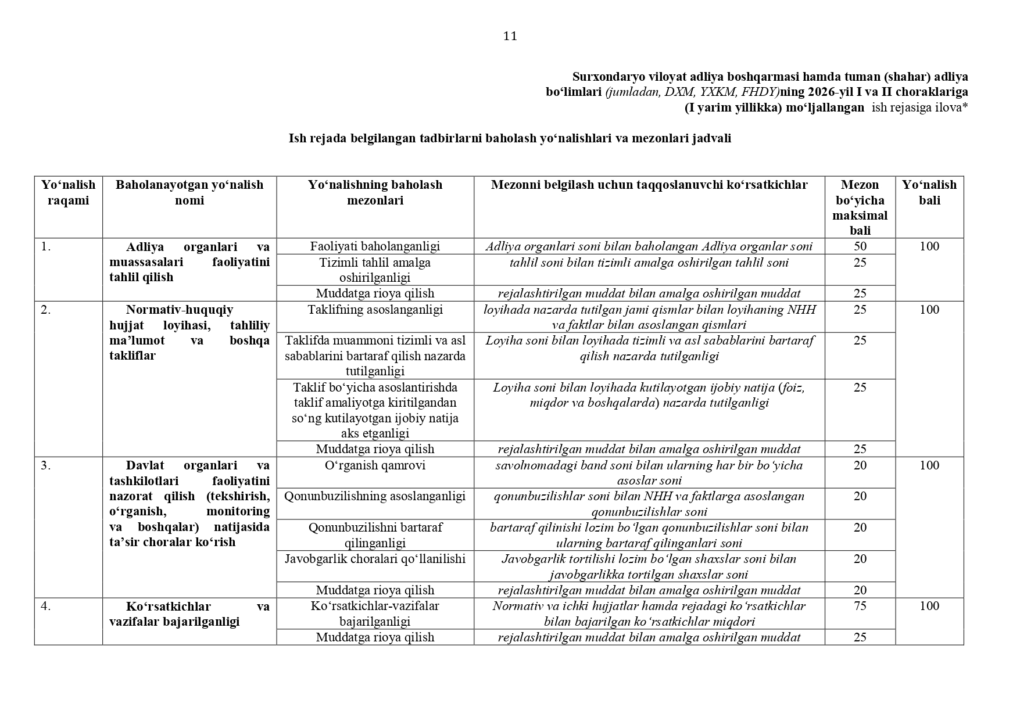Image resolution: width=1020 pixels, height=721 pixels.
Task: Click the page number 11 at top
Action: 510,37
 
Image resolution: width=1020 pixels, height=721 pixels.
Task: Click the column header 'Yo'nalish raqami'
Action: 68,192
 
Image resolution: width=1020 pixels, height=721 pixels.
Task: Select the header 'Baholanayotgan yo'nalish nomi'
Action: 189,192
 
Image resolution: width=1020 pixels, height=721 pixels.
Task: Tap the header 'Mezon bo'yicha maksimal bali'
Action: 860,207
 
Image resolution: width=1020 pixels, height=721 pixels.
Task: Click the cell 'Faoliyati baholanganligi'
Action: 375,246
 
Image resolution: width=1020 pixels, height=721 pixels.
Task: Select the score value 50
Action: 860,246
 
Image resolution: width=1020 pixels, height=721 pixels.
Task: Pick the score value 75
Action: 860,606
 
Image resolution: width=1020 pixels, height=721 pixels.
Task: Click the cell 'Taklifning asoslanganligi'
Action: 375,310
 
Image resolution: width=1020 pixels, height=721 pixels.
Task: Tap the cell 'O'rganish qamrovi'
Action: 375,465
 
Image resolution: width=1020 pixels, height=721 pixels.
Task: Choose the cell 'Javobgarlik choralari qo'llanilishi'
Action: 375,559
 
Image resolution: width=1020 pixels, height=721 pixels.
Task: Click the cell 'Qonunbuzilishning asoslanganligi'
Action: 375,496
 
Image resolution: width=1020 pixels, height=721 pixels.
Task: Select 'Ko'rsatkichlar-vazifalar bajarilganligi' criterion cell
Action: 375,614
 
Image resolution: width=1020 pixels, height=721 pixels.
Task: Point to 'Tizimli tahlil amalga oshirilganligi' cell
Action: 375,270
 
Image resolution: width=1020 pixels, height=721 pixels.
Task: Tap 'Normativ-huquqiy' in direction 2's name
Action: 180,310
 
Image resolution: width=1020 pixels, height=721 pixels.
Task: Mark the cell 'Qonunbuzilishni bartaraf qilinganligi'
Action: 375,535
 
